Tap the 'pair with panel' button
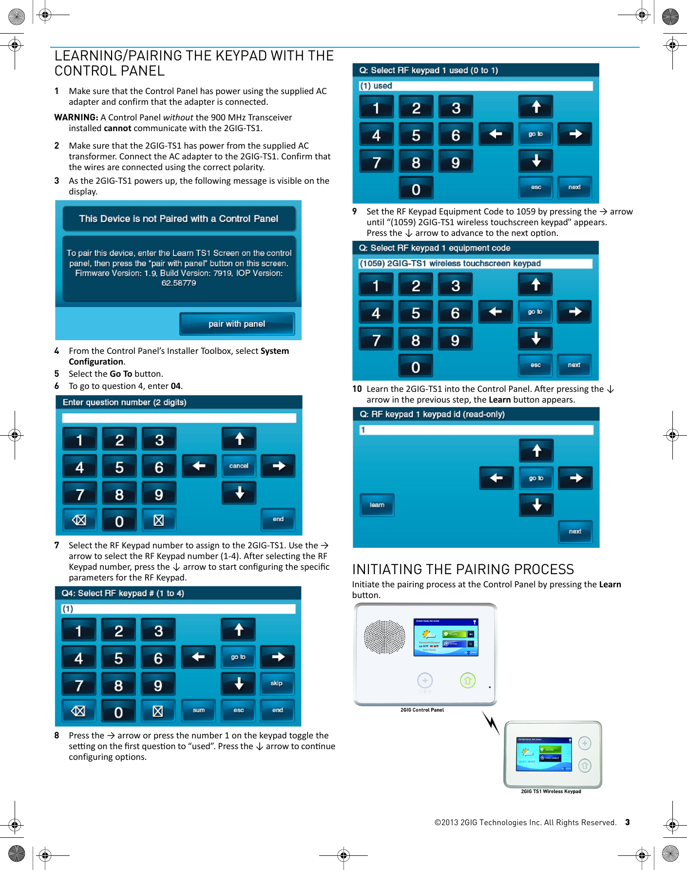237,324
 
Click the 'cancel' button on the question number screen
239,466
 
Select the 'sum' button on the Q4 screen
199,710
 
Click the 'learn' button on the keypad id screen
377,505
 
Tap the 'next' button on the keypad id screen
575,531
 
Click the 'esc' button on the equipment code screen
535,365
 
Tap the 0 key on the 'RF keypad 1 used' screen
416,189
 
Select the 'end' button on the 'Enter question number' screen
278,519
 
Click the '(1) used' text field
476,86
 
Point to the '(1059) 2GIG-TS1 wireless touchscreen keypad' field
475,264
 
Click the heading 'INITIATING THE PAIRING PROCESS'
463,569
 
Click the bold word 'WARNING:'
76,117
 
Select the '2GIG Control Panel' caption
422,710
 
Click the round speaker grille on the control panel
384,637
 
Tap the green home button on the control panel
468,680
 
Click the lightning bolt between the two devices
491,723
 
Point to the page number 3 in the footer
628,822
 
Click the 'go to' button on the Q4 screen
238,657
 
